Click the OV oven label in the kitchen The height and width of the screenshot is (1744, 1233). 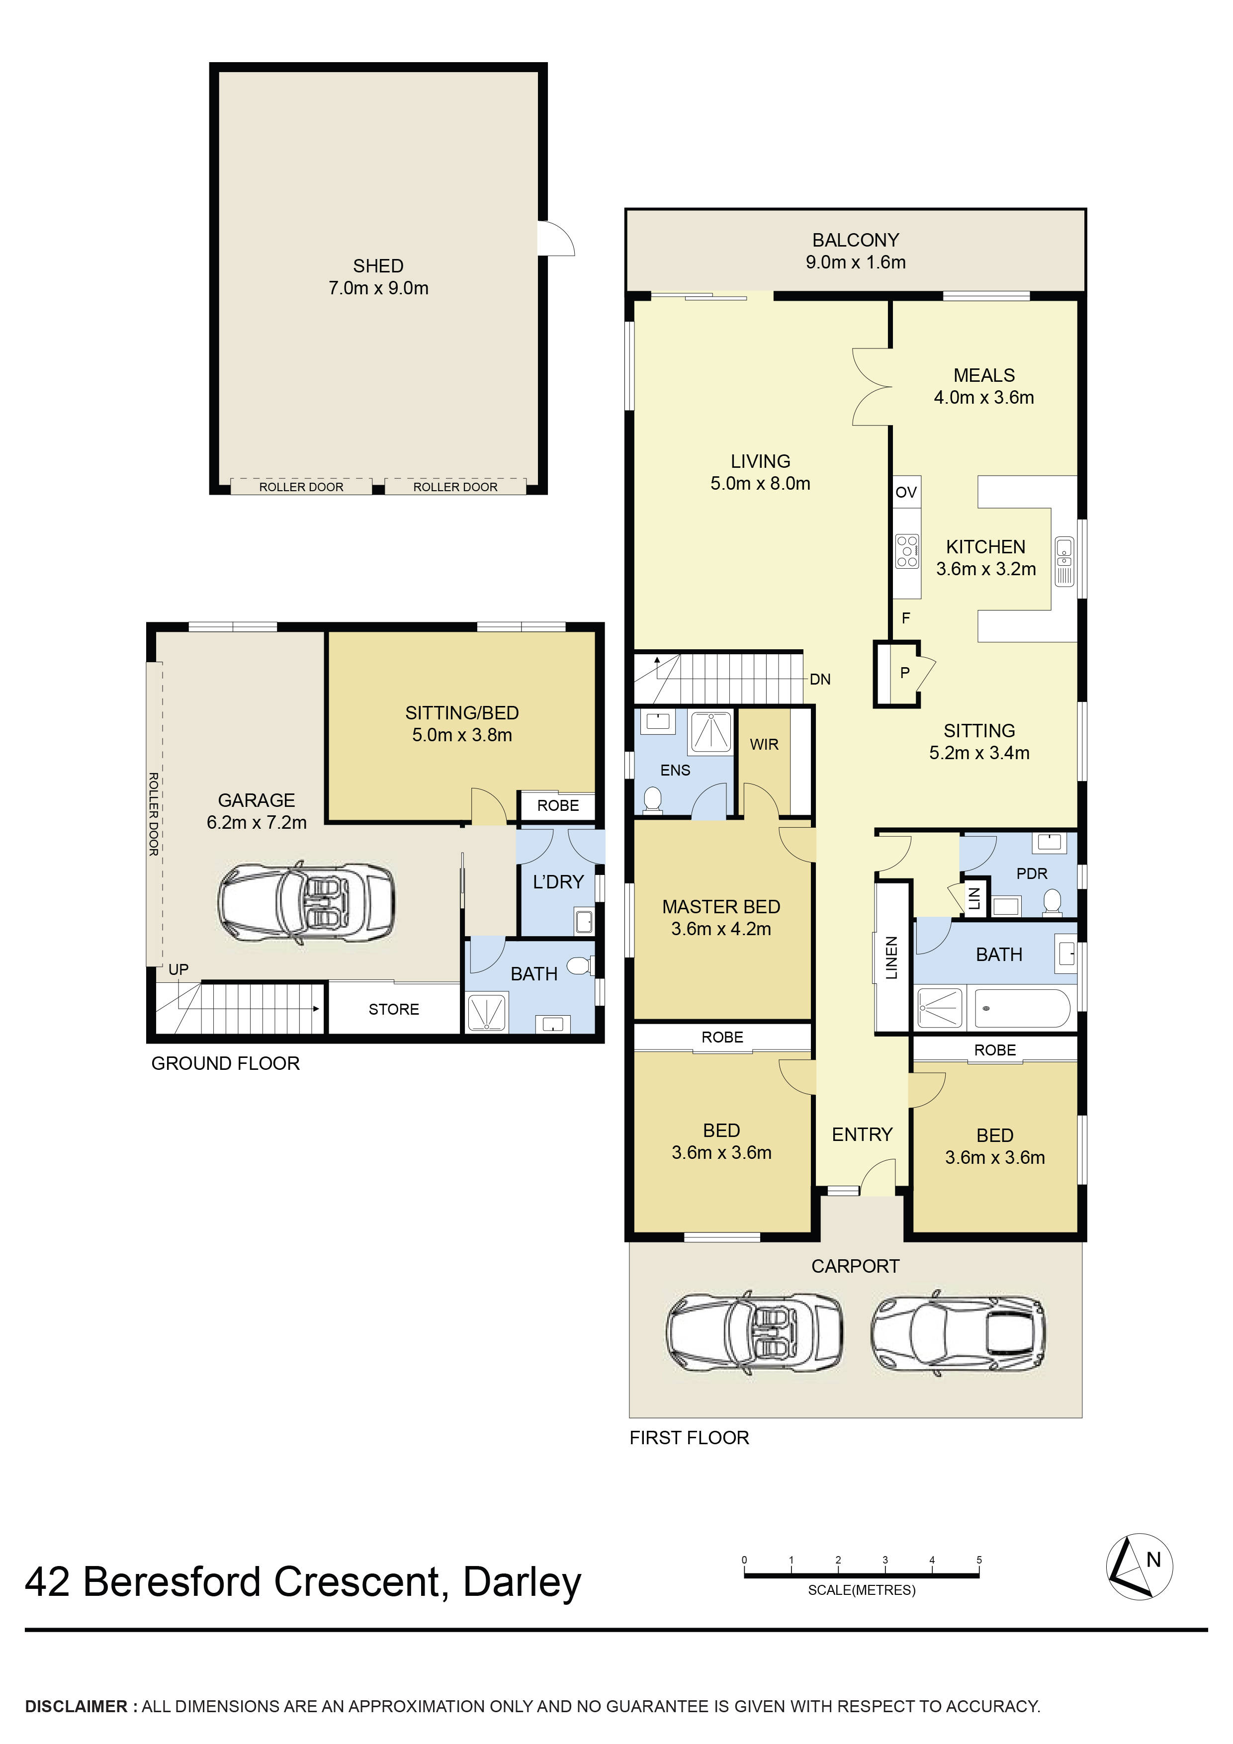[905, 492]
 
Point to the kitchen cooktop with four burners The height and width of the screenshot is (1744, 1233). [907, 551]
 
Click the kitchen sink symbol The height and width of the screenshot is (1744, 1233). [1064, 561]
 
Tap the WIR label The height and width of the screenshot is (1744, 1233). [764, 744]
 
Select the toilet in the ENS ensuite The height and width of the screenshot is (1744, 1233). [652, 799]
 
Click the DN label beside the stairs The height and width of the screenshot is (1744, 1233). [820, 679]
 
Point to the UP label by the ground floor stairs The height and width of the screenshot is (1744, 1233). [178, 969]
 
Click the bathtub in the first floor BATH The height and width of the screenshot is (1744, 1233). [1021, 1008]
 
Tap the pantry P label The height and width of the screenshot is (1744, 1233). [904, 672]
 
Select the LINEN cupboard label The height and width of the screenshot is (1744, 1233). [892, 957]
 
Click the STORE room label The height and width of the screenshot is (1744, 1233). [394, 1009]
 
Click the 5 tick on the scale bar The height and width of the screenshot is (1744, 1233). [978, 1560]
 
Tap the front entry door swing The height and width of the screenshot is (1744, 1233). [878, 1177]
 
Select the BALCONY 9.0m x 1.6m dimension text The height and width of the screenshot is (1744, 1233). [856, 262]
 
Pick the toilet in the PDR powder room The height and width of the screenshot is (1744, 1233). [1052, 901]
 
